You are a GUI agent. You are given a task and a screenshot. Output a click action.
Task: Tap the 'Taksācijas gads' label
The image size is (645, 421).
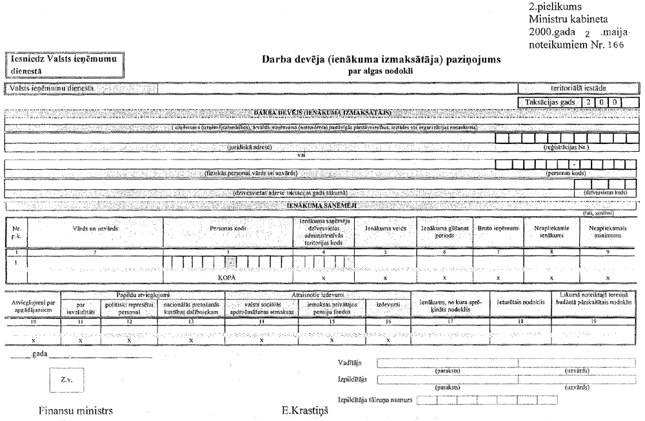pyautogui.click(x=547, y=102)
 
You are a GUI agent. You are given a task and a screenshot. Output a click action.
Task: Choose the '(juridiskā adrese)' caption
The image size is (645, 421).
pyautogui.click(x=249, y=147)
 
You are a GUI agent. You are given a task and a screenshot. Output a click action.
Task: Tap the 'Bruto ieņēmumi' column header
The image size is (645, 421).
pyautogui.click(x=496, y=229)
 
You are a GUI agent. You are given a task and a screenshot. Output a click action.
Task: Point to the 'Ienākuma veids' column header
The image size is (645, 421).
pyautogui.click(x=385, y=229)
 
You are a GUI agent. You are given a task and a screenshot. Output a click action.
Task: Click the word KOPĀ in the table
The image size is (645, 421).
pyautogui.click(x=228, y=275)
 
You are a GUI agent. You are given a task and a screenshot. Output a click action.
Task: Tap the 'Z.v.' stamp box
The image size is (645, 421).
pyautogui.click(x=66, y=379)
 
